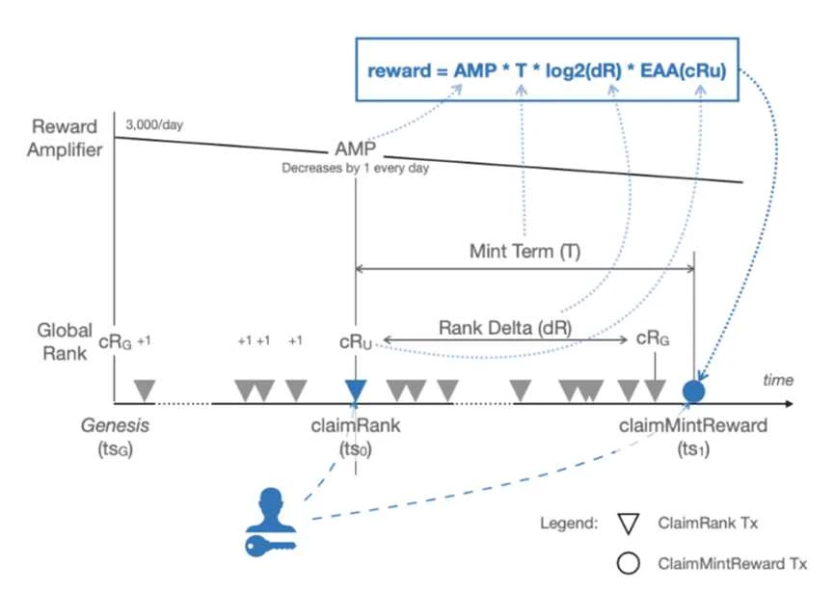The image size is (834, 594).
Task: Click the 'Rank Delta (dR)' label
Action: [x=517, y=326]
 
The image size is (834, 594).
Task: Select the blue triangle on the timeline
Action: [x=356, y=389]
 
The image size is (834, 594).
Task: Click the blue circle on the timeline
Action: [x=694, y=391]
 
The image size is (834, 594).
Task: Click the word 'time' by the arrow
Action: [x=778, y=380]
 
